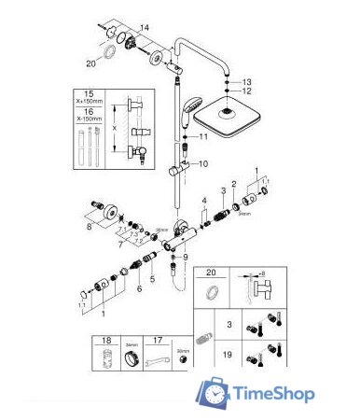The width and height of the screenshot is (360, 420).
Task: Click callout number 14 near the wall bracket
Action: [x=144, y=27]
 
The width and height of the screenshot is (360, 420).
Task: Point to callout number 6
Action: [x=140, y=289]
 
